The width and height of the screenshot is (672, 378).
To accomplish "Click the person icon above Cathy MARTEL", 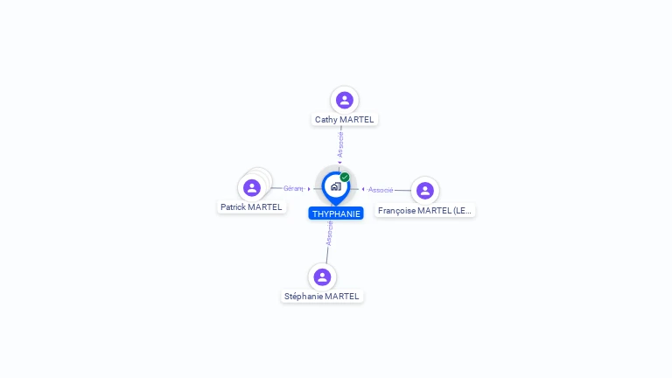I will (x=345, y=100).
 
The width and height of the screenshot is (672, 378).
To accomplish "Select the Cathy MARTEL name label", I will (x=345, y=119).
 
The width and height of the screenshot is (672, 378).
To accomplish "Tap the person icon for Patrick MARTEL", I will (x=252, y=187).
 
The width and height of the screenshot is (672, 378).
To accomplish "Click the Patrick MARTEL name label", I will (x=251, y=207).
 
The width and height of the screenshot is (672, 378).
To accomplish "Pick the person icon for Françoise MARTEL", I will (x=425, y=190).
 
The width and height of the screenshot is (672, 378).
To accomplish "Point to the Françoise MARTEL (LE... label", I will (x=425, y=211).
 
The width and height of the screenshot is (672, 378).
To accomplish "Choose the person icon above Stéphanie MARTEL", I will (x=322, y=276).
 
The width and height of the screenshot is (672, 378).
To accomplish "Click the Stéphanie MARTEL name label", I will (x=322, y=297).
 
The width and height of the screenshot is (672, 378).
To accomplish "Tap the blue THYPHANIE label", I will (x=336, y=213).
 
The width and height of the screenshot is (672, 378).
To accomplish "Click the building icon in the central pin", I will (x=335, y=186).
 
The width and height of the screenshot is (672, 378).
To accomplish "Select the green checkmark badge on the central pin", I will (x=345, y=178).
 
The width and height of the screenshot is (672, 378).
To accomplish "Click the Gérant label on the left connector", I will (x=293, y=188).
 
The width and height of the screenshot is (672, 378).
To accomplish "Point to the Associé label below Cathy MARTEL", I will (x=340, y=144).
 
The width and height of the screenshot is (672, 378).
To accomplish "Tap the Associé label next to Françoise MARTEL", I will (x=381, y=190).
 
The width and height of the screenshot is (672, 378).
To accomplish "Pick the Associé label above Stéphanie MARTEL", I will (x=330, y=233).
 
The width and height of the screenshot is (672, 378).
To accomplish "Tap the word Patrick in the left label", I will (x=234, y=207).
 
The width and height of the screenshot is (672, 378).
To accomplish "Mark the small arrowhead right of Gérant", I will (x=309, y=188).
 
